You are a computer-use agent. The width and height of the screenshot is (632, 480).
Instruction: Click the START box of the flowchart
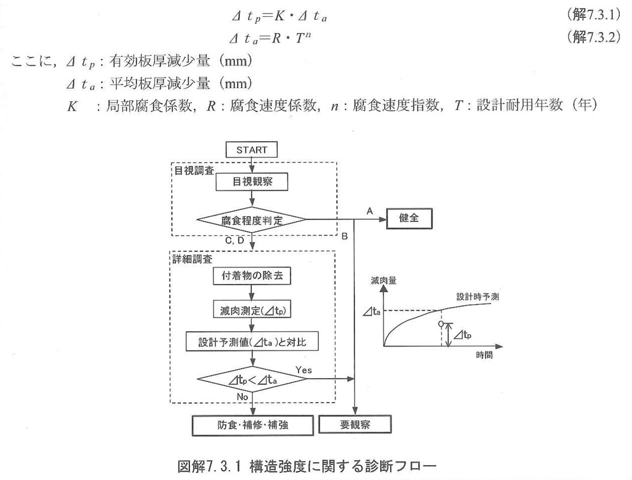252,149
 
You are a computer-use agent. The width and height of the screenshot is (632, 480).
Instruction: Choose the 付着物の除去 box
252,277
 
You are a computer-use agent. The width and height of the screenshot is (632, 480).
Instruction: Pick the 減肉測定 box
252,310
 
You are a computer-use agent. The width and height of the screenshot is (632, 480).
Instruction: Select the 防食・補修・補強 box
252,425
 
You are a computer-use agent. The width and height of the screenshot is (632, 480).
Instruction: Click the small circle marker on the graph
442,323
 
